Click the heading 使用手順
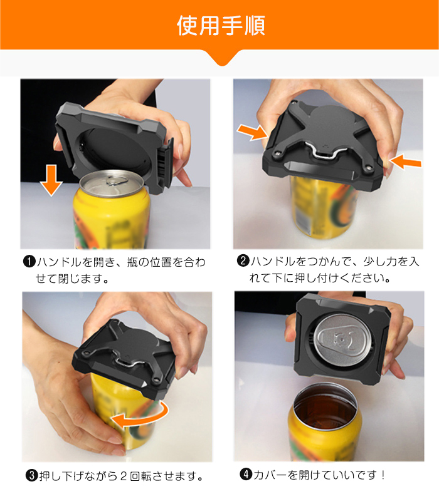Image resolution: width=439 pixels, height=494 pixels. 221,26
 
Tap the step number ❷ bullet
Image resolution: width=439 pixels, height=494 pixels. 243,261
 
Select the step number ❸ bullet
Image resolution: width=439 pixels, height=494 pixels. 31,475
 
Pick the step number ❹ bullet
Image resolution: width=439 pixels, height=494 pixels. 246,474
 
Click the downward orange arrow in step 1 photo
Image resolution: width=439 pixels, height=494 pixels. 51,180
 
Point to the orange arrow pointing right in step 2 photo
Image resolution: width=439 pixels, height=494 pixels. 253,132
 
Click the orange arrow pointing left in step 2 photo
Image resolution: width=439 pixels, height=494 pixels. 405,162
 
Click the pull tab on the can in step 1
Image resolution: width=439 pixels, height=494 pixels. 115,181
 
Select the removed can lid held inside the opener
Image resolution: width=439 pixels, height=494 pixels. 343,339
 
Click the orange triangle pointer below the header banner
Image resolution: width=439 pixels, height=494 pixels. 222,58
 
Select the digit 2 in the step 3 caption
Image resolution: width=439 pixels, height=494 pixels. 124,476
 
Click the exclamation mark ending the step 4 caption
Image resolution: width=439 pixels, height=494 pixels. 383,475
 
